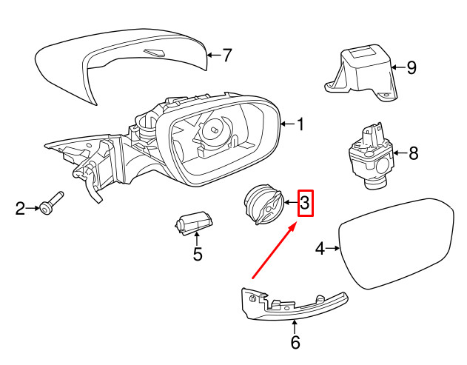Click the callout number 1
tap(301, 124)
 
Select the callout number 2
tap(21, 209)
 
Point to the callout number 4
tap(320, 250)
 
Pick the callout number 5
tap(197, 255)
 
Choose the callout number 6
tap(295, 342)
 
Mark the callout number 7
tap(227, 54)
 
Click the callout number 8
tap(413, 153)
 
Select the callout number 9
tap(411, 68)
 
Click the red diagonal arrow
tap(275, 250)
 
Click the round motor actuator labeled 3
tap(263, 204)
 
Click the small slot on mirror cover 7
tap(155, 53)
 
